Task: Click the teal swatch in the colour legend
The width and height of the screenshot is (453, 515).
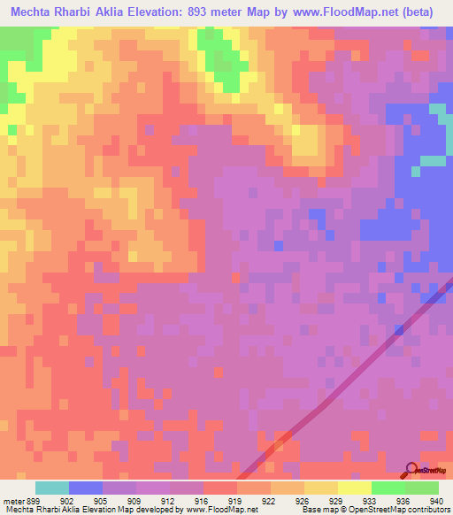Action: click(x=52, y=488)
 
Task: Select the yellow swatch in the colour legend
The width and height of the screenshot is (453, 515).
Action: click(x=321, y=488)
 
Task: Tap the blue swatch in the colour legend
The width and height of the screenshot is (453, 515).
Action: click(x=86, y=488)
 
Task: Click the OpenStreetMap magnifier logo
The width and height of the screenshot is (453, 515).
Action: click(x=412, y=468)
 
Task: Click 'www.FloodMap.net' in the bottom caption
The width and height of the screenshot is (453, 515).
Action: click(x=217, y=509)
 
